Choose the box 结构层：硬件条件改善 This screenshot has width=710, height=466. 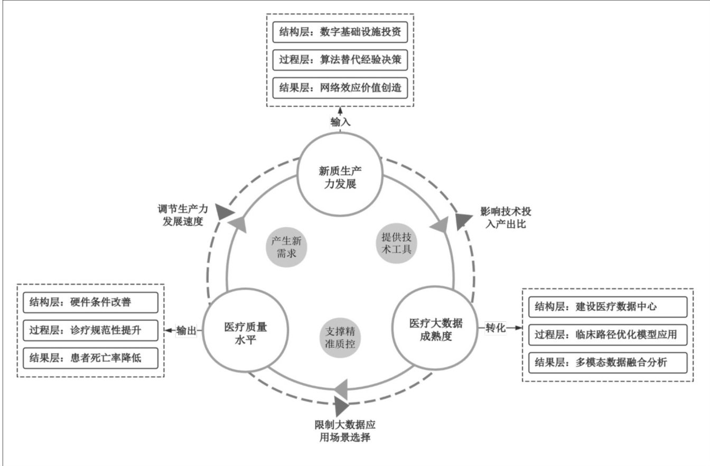[x=90, y=303]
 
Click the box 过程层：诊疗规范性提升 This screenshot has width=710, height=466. [x=90, y=331]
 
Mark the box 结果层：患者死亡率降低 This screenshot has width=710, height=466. [x=90, y=359]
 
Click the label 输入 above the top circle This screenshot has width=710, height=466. [x=340, y=122]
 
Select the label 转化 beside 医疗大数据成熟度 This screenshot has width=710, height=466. [x=496, y=328]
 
